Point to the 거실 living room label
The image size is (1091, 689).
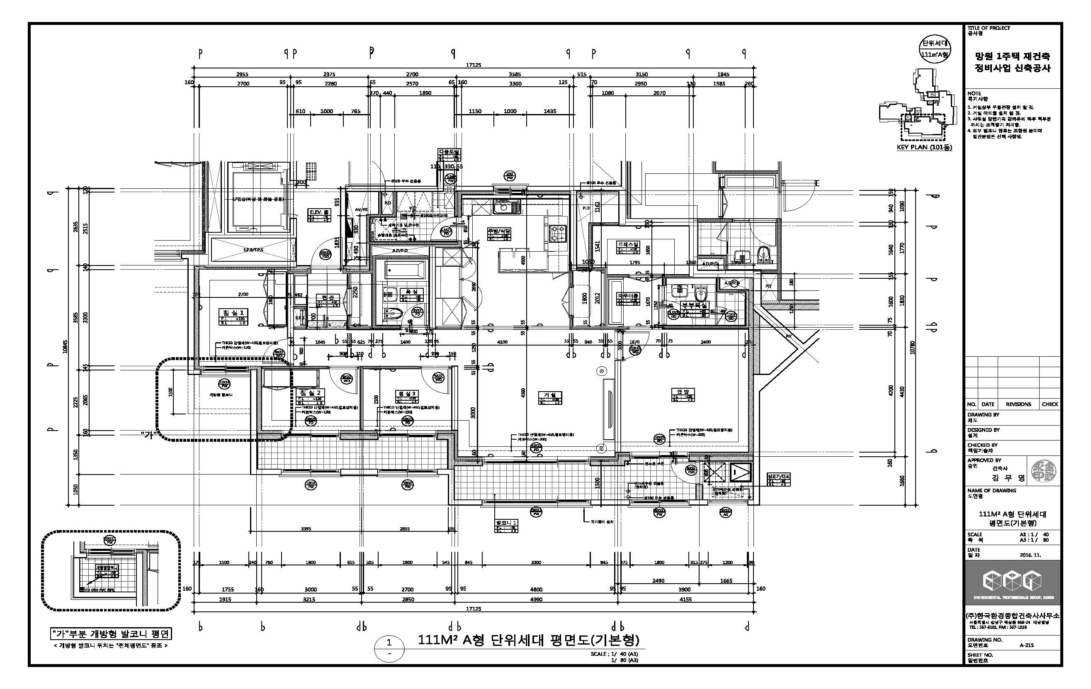[550, 395]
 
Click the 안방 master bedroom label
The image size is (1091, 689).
[683, 392]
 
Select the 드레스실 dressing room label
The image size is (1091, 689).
[628, 245]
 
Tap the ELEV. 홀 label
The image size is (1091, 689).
[319, 212]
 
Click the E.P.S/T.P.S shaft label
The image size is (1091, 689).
[253, 250]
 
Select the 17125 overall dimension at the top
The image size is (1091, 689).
[474, 65]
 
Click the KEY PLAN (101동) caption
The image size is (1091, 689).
[924, 147]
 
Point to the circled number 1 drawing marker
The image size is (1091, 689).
[389, 642]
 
